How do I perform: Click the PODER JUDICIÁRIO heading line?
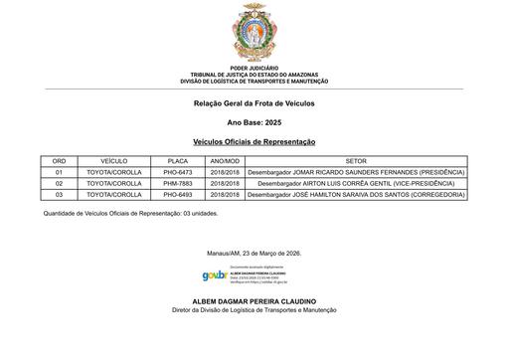pyautogui.click(x=254, y=69)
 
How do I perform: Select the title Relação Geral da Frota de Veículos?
pyautogui.click(x=254, y=104)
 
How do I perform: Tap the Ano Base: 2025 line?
pyautogui.click(x=254, y=123)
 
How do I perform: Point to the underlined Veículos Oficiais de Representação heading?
pyautogui.click(x=254, y=142)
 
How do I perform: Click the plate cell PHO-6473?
pyautogui.click(x=178, y=172)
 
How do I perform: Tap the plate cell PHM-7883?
pyautogui.click(x=178, y=184)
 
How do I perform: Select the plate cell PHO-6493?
pyautogui.click(x=178, y=195)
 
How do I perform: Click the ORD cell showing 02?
pyautogui.click(x=59, y=184)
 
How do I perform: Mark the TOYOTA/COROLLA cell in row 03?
pyautogui.click(x=114, y=195)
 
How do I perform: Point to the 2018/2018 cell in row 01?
pyautogui.click(x=225, y=172)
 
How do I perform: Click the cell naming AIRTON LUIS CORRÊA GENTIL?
pyautogui.click(x=356, y=184)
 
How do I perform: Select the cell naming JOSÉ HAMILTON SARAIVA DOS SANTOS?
pyautogui.click(x=356, y=195)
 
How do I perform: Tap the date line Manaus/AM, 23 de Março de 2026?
pyautogui.click(x=254, y=253)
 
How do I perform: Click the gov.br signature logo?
pyautogui.click(x=214, y=275)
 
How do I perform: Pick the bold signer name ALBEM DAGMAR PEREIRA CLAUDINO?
pyautogui.click(x=254, y=300)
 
